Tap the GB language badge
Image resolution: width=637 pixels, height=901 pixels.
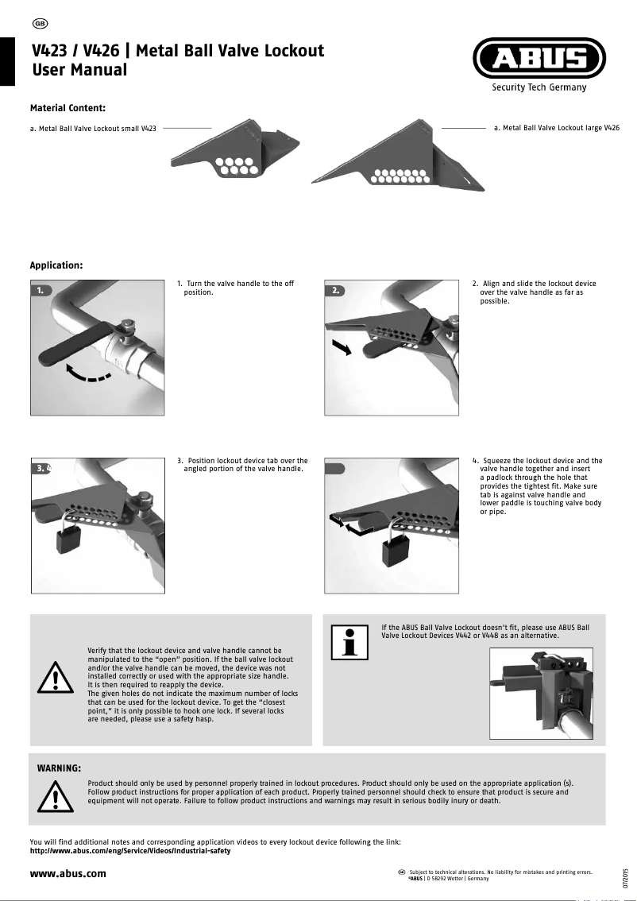[39, 21]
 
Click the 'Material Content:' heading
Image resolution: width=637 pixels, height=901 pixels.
[68, 107]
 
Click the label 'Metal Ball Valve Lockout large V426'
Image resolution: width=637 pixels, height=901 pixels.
[556, 127]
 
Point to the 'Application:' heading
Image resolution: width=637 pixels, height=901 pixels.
[56, 265]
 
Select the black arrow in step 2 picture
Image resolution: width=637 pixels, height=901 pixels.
[341, 347]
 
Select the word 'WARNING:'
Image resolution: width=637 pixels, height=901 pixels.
[60, 768]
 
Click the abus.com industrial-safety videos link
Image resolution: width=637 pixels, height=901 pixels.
[129, 851]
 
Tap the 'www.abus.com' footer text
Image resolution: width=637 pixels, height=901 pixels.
[68, 874]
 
